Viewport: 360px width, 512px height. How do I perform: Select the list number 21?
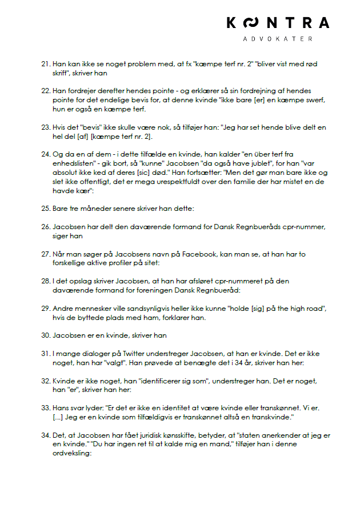point(46,63)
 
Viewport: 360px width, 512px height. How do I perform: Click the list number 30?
point(46,335)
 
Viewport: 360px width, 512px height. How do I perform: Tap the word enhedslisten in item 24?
point(71,162)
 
